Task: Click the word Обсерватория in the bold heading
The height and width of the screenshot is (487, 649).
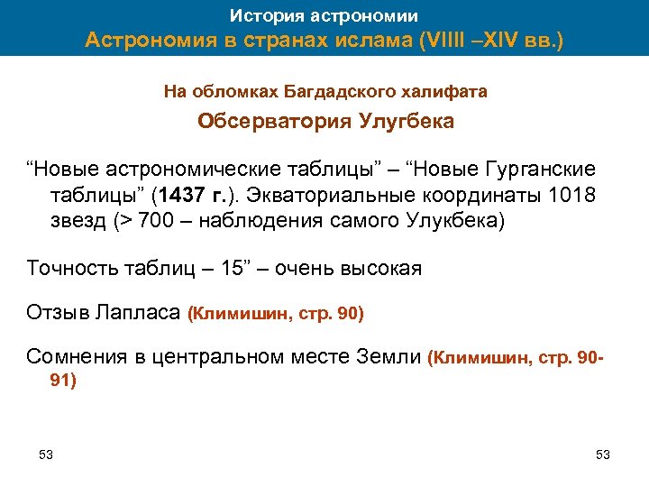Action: click(x=270, y=121)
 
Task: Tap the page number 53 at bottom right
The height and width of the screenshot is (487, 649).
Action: click(x=603, y=454)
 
